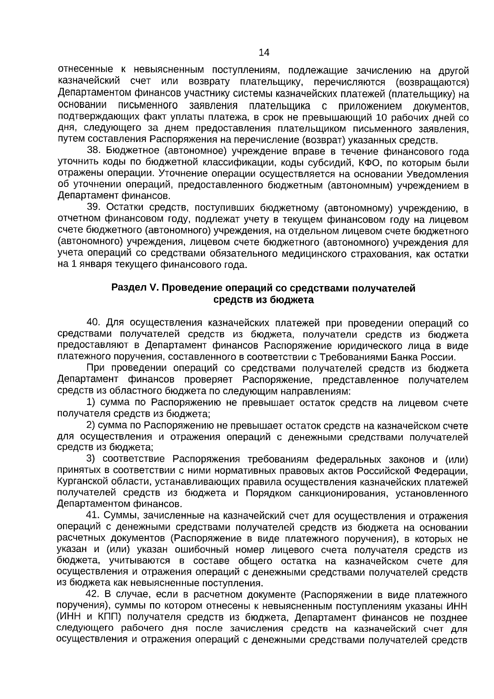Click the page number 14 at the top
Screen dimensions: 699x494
264,53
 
